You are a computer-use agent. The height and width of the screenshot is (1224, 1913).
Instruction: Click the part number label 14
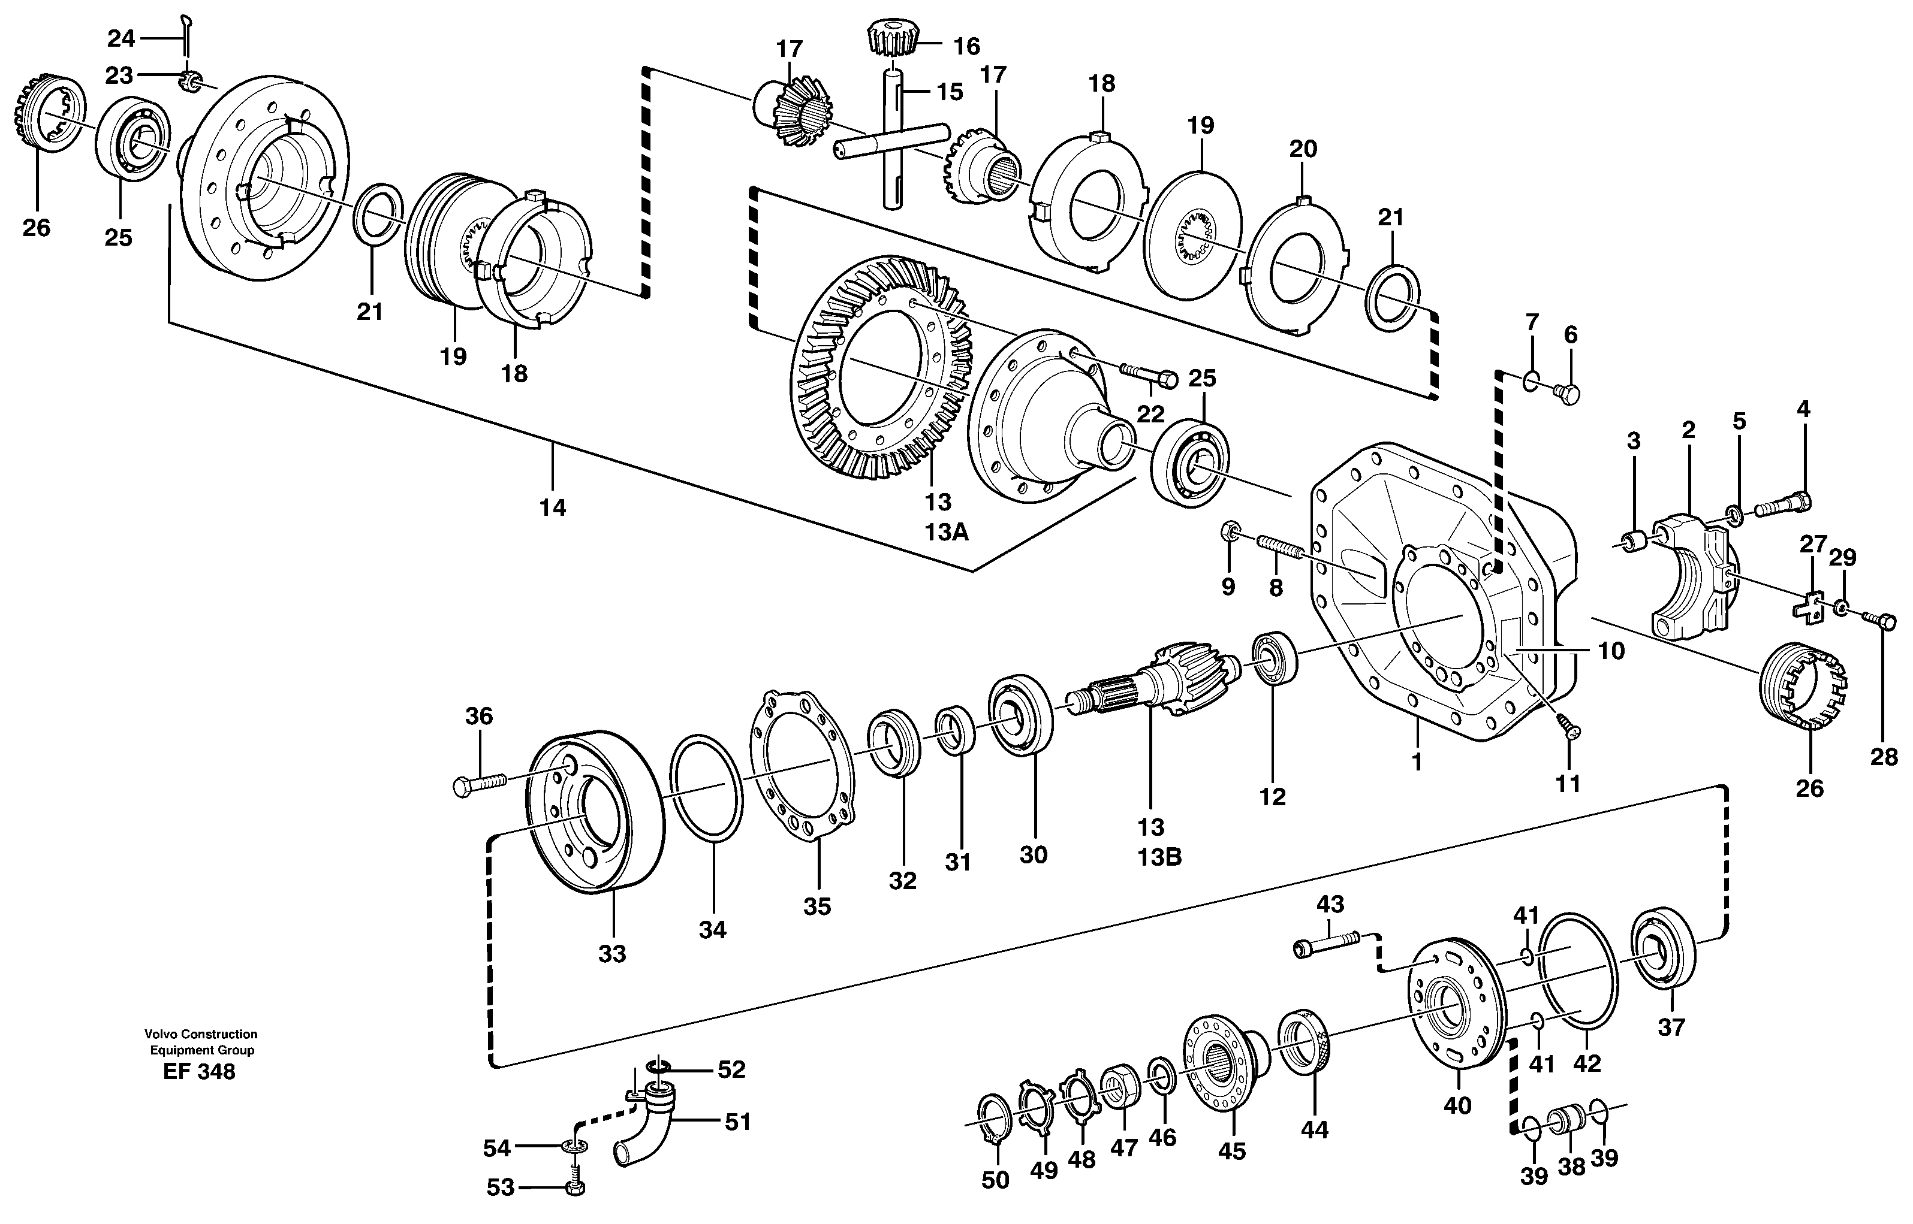point(553,507)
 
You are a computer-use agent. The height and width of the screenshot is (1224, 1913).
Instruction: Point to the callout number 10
point(1611,651)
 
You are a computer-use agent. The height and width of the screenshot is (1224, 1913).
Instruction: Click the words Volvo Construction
point(200,1034)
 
